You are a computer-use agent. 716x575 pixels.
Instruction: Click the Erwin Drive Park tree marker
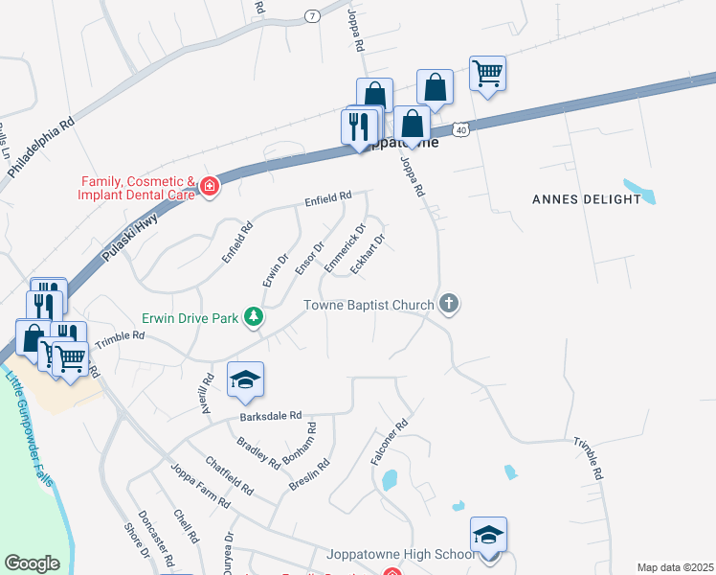(253, 316)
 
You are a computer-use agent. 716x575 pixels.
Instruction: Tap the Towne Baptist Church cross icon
(448, 305)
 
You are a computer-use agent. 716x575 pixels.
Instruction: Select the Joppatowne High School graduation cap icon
(488, 534)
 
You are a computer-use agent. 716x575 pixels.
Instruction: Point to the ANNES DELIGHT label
(586, 199)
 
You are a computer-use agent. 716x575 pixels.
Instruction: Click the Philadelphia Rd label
(41, 147)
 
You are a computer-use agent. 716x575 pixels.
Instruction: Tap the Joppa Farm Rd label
(199, 486)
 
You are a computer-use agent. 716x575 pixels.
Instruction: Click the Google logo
(32, 563)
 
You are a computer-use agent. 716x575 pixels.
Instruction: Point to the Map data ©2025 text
(674, 567)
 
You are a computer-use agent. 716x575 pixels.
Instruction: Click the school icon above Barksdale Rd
(245, 379)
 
